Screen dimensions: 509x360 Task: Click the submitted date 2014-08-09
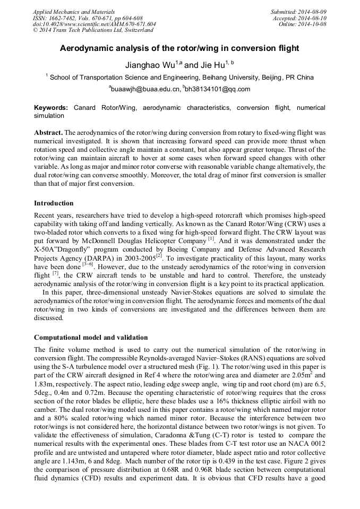click(x=312, y=11)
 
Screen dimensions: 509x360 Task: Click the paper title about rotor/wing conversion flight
click(x=179, y=48)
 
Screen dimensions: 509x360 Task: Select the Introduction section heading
click(x=54, y=203)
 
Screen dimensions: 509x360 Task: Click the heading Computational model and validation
click(x=91, y=338)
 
